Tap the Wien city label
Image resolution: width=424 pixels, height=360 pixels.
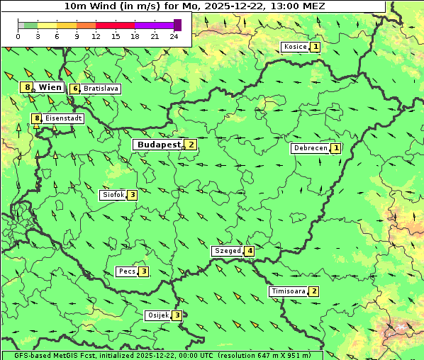50,87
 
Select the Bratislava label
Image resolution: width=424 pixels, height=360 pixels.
100,89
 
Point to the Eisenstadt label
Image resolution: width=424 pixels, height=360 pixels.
64,118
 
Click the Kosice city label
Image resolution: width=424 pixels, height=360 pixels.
295,47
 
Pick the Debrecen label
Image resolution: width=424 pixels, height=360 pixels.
310,148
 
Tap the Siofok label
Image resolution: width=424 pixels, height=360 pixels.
113,194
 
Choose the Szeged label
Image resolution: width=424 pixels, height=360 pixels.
227,251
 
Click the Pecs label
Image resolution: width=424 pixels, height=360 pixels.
127,271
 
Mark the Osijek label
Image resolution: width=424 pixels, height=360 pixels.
157,315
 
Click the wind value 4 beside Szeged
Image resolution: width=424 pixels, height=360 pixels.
250,251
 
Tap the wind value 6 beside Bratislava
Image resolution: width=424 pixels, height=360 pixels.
74,89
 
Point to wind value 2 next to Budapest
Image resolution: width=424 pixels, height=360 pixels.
190,145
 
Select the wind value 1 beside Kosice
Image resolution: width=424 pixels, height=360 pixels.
316,47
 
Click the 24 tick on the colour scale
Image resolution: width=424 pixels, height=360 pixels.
174,36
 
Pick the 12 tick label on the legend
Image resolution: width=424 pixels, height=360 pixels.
96,36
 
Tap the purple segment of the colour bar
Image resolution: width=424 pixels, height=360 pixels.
154,26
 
